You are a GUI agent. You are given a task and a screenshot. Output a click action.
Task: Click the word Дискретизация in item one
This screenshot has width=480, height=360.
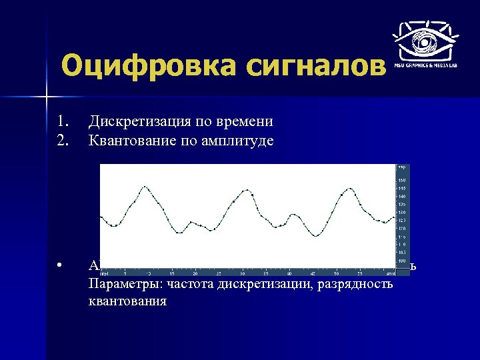tap(139, 122)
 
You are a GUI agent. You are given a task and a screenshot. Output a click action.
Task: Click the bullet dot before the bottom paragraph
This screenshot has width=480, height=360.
tap(60, 267)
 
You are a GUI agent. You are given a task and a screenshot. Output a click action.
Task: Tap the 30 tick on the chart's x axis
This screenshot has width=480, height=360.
tap(242, 273)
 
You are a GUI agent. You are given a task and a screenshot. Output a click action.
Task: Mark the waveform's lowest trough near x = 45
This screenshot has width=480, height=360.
tap(317, 236)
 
